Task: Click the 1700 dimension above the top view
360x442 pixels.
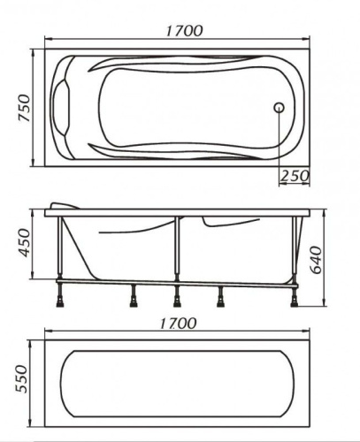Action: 184,31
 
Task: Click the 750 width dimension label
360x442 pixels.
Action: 24,108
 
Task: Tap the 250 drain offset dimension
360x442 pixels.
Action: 295,176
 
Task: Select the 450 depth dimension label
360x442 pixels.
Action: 24,243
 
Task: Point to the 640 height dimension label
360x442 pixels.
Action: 316,260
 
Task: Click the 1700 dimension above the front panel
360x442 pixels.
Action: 178,324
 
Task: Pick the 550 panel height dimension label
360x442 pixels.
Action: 21,379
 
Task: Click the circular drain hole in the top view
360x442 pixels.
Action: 279,108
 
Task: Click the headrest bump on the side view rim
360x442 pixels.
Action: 65,205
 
